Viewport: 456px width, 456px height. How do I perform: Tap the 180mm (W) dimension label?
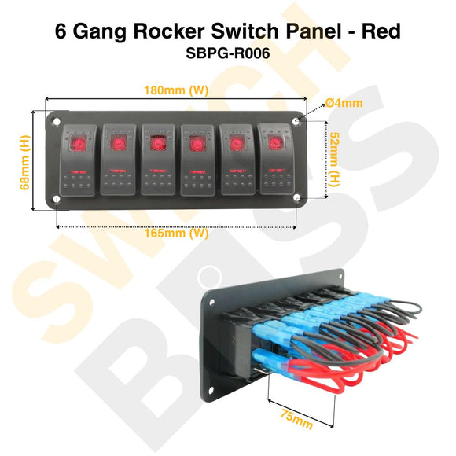coord(176,90)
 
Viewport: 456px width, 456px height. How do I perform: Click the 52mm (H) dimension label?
coord(333,160)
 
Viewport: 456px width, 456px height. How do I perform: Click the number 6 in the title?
coord(62,31)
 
